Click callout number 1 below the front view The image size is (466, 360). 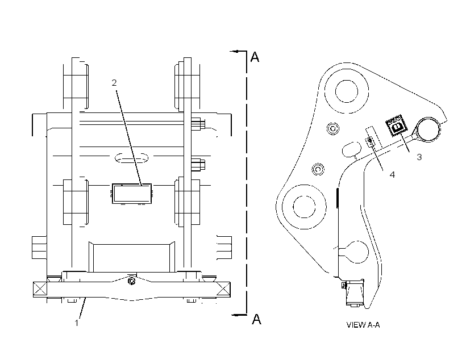(x=77, y=323)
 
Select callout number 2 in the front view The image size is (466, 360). (x=114, y=83)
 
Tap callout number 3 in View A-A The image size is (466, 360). (x=419, y=157)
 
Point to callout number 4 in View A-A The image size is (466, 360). (x=392, y=175)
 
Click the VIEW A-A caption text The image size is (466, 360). (x=363, y=325)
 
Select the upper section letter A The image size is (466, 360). (x=255, y=56)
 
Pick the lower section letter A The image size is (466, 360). (x=256, y=319)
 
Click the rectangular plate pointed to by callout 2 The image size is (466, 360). (x=132, y=194)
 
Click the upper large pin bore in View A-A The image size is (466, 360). (x=347, y=91)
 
